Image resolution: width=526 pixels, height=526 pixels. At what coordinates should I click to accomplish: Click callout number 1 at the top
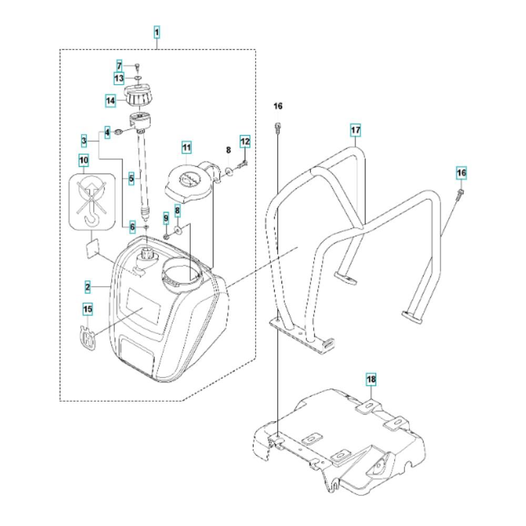157,33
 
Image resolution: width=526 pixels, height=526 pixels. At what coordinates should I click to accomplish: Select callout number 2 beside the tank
88,287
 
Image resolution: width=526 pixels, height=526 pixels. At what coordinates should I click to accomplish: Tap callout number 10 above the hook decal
84,159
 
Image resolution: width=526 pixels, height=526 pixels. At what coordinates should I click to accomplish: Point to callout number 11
186,147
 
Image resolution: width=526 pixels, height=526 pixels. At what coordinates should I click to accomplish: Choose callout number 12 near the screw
245,141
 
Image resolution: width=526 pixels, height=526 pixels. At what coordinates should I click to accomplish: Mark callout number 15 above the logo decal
88,309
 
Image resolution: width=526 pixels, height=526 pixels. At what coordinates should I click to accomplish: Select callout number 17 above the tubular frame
356,129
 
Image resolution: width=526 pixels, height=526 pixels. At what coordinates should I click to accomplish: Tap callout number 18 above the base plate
372,379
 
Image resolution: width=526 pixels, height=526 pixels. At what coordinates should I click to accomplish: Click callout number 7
119,66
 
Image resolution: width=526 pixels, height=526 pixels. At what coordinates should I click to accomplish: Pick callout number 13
119,78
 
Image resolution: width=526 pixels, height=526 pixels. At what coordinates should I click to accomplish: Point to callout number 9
166,217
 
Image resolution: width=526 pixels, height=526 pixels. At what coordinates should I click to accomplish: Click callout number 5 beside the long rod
131,178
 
